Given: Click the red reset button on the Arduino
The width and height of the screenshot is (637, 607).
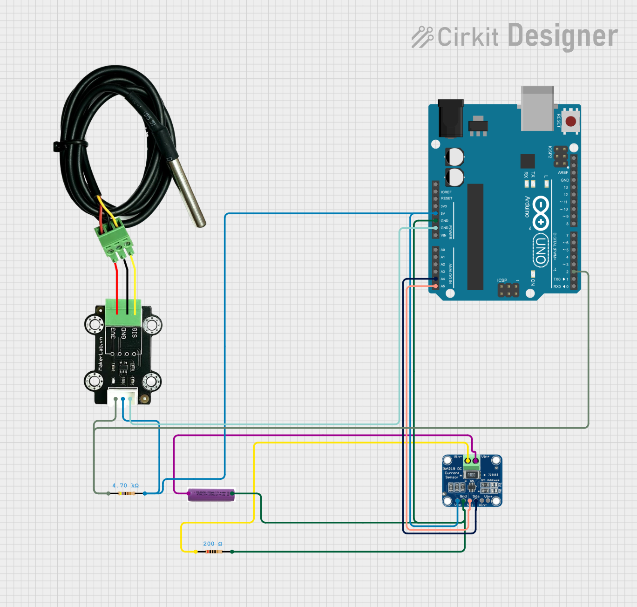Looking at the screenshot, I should [x=571, y=122].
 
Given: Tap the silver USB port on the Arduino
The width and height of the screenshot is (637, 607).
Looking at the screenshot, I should [x=537, y=109].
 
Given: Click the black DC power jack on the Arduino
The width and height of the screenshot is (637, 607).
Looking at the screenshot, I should [x=450, y=118].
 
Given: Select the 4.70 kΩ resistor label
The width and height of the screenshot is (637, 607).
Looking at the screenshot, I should [x=125, y=485].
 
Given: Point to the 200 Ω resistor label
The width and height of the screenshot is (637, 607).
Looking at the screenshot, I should [x=213, y=544].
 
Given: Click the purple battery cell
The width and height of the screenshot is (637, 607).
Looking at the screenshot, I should [x=211, y=495].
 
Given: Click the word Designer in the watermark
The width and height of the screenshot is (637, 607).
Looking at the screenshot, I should [x=562, y=36].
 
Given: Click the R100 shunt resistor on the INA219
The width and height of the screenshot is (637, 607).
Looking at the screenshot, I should [x=471, y=475].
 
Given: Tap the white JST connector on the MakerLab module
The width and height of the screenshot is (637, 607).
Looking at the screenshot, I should [x=122, y=396].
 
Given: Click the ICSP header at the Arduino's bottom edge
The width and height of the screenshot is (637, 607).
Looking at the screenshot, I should [x=508, y=290].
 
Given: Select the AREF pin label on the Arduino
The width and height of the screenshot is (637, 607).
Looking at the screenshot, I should [x=563, y=172].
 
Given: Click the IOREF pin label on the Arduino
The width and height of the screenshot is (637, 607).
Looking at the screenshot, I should [x=446, y=192].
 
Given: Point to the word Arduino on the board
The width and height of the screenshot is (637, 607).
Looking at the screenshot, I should [x=528, y=207].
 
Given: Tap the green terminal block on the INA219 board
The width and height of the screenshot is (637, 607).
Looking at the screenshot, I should [x=471, y=464].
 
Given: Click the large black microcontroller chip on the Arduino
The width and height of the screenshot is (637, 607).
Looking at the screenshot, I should [x=475, y=237].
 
